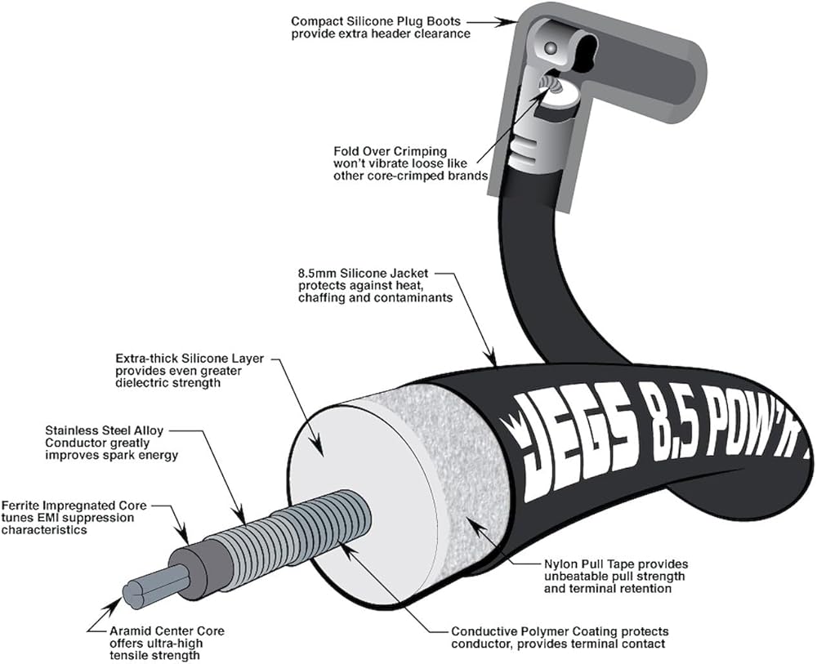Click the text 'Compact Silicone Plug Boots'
click(376, 22)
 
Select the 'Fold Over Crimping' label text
click(391, 152)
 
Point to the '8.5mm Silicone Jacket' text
click(364, 274)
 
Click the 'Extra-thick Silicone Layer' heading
click(190, 359)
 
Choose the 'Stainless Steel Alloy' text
click(105, 431)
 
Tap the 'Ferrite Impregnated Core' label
click(74, 506)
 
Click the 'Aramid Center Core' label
click(167, 631)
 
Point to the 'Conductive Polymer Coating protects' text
click(560, 631)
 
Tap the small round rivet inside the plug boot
click(550, 48)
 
